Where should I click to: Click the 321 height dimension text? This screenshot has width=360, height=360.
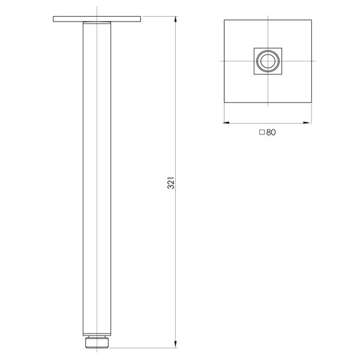pyautogui.click(x=170, y=182)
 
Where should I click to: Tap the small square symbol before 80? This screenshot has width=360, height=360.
pyautogui.click(x=262, y=133)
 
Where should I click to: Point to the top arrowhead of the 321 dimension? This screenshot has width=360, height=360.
pyautogui.click(x=176, y=19)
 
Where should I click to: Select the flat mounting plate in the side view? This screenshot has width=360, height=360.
pyautogui.click(x=97, y=19)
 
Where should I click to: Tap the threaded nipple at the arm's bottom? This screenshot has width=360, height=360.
pyautogui.click(x=97, y=343)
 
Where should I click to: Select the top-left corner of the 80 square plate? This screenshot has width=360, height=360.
pyautogui.click(x=224, y=19)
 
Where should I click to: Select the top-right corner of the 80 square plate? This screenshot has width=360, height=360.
pyautogui.click(x=313, y=19)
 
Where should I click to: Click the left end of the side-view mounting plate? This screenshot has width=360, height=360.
pyautogui.click(x=55, y=19)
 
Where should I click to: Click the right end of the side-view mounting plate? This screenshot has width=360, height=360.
pyautogui.click(x=140, y=19)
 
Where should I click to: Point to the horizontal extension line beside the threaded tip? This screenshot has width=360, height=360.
pyautogui.click(x=144, y=347)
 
